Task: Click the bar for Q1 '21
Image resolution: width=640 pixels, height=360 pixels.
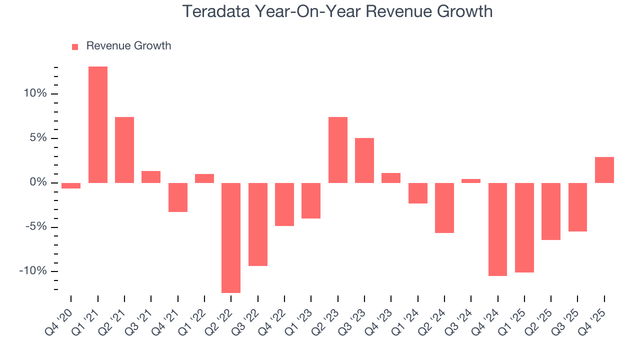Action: click(x=98, y=124)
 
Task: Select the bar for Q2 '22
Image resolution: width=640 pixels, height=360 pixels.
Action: click(x=231, y=237)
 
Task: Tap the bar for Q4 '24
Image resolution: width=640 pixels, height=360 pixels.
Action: click(x=497, y=229)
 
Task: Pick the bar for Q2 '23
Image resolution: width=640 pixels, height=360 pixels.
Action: click(x=338, y=150)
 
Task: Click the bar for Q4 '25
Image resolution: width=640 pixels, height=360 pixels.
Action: click(x=604, y=170)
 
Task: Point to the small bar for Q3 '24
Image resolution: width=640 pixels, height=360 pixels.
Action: click(x=471, y=180)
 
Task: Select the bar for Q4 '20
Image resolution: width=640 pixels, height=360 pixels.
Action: click(x=71, y=185)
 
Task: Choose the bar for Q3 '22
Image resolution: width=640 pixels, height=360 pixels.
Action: click(x=258, y=224)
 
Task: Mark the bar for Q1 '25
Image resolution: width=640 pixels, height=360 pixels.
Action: click(x=524, y=227)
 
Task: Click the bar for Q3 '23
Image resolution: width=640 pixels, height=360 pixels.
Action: click(x=364, y=160)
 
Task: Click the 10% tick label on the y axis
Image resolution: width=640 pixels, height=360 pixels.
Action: click(x=34, y=94)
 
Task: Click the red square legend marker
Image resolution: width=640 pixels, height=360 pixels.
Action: click(x=75, y=46)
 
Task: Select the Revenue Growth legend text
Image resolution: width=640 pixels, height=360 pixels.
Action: click(x=128, y=46)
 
